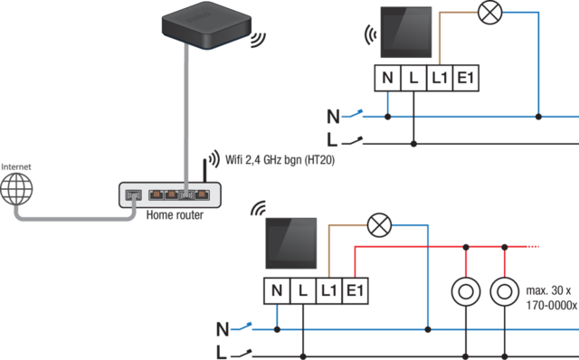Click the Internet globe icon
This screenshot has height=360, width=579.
pyautogui.click(x=16, y=189)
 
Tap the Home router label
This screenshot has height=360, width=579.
pyautogui.click(x=175, y=215)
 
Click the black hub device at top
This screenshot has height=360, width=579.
pyautogui.click(x=207, y=25)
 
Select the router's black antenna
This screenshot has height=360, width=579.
pyautogui.click(x=205, y=170)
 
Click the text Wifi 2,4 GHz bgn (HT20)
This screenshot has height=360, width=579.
pyautogui.click(x=280, y=160)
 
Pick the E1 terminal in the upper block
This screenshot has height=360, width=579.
pyautogui.click(x=466, y=78)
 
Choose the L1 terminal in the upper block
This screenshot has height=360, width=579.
pyautogui.click(x=440, y=78)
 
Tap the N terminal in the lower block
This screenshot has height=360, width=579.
pyautogui.click(x=277, y=291)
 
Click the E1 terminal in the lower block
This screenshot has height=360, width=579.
pyautogui.click(x=356, y=291)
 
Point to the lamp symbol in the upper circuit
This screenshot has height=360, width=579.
pyautogui.click(x=490, y=13)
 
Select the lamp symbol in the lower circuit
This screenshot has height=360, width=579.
pyautogui.click(x=380, y=225)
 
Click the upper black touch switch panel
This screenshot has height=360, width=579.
pyautogui.click(x=406, y=33)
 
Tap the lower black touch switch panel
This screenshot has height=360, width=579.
pyautogui.click(x=291, y=243)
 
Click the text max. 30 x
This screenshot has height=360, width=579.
pyautogui.click(x=548, y=290)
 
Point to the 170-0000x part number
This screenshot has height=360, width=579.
pyautogui.click(x=552, y=306)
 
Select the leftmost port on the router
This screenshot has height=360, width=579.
pyautogui.click(x=133, y=195)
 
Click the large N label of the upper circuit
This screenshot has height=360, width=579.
pyautogui.click(x=333, y=117)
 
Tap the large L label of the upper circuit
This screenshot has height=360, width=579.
pyautogui.click(x=332, y=140)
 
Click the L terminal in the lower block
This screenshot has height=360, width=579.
pyautogui.click(x=303, y=291)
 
